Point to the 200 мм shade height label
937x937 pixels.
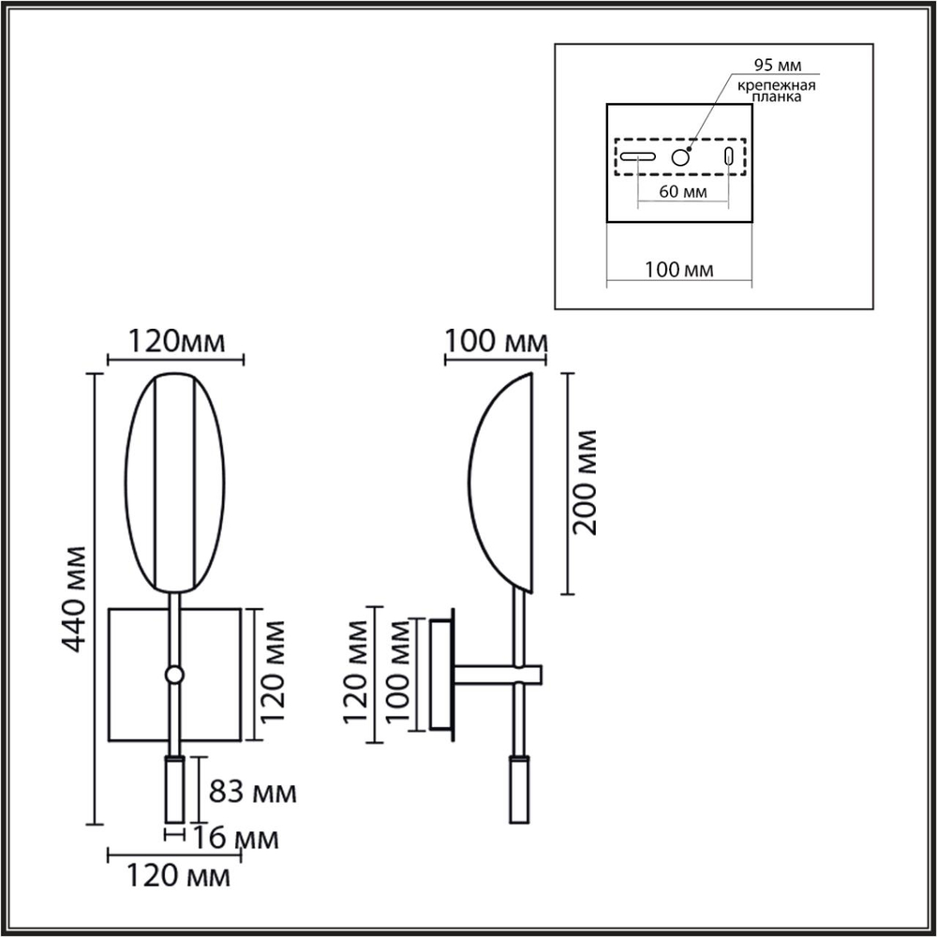coord(586,482)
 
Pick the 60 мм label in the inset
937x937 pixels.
coord(682,192)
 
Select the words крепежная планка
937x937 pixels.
coord(775,92)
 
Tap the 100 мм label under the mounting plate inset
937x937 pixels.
coord(679,270)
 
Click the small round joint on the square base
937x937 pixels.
coord(172,674)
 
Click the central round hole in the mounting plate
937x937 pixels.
coord(680,157)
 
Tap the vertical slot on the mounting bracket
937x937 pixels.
coord(729,157)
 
